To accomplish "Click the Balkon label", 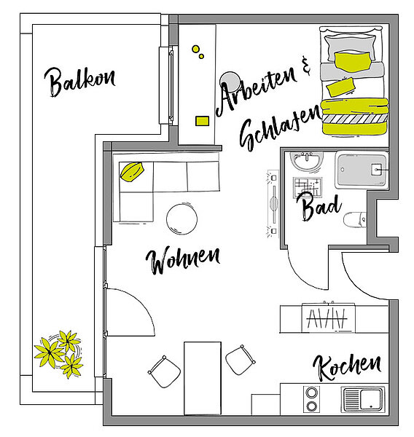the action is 79,82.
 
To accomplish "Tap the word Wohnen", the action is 183,260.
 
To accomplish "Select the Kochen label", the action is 348,367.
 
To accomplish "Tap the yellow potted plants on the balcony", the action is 59,353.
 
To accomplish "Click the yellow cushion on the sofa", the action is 132,172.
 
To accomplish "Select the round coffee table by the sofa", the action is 181,219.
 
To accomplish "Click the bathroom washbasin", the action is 307,161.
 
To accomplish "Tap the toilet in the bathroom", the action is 354,220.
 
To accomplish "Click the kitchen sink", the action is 363,399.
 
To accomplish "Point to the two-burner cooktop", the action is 311,399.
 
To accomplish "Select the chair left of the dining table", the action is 164,371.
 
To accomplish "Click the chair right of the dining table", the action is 241,360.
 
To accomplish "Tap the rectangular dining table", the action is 203,378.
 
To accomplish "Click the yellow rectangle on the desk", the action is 202,121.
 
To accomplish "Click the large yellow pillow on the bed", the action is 353,62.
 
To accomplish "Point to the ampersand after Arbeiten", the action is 306,66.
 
